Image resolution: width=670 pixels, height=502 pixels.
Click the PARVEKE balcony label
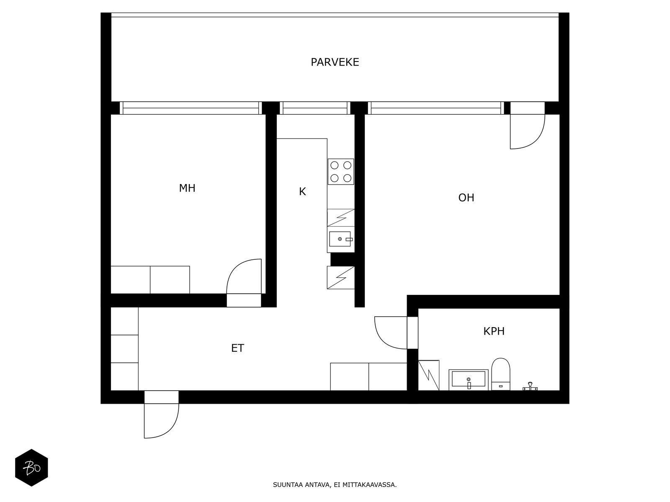[x=335, y=62]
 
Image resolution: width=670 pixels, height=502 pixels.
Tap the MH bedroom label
[x=187, y=188]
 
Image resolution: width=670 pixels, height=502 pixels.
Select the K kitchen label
[x=302, y=192]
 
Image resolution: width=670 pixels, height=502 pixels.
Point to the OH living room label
[x=466, y=197]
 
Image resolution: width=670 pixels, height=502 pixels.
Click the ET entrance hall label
[x=237, y=348]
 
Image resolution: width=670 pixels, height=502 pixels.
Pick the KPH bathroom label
[x=494, y=331]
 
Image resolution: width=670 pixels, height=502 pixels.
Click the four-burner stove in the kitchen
[x=341, y=172]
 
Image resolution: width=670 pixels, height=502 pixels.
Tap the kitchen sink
[x=340, y=239]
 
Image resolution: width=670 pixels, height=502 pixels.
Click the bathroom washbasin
[x=469, y=380]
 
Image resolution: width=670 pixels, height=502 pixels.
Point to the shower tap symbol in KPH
[x=530, y=387]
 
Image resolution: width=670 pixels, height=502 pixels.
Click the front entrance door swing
[x=161, y=420]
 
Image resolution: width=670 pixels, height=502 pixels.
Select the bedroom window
[x=191, y=108]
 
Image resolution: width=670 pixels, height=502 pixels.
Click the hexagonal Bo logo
[x=31, y=468]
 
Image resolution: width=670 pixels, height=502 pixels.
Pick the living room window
[x=435, y=108]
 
